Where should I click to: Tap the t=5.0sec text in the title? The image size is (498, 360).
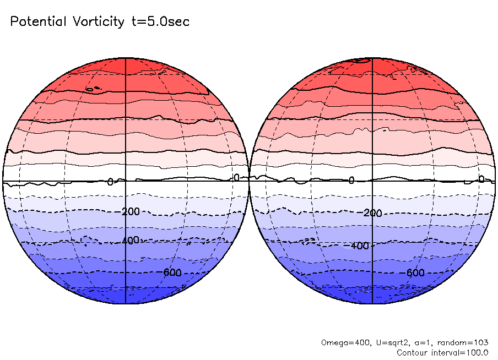click(x=159, y=22)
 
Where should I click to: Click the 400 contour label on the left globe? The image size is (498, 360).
click(x=131, y=241)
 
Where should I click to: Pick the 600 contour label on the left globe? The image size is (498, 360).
click(x=172, y=271)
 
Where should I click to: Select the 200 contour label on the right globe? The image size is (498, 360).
click(x=373, y=213)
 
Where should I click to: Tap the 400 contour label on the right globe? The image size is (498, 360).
click(x=360, y=246)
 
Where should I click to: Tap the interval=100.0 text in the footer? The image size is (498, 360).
click(x=461, y=352)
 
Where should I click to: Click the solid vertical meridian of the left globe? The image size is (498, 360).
click(x=126, y=138)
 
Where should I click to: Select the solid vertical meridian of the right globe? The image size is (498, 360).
click(x=373, y=138)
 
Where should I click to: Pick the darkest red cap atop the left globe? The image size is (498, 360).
click(x=126, y=69)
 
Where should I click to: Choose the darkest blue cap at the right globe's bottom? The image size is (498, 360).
click(x=373, y=296)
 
